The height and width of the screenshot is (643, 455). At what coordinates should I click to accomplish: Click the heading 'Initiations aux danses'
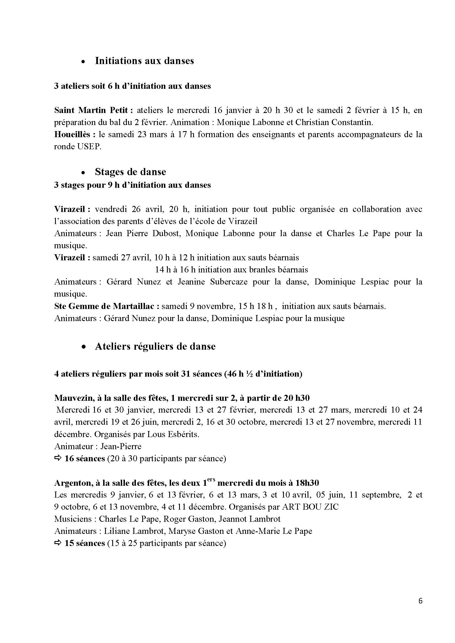click(144, 61)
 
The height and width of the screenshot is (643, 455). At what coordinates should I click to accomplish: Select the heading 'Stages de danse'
click(130, 172)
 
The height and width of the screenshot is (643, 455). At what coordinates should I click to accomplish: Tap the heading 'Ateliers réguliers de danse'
click(155, 346)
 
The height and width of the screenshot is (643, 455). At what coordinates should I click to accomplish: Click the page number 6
click(420, 601)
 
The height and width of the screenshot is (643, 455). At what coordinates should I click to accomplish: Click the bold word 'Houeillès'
click(72, 135)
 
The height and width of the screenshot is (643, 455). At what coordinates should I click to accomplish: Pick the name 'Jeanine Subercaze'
click(213, 282)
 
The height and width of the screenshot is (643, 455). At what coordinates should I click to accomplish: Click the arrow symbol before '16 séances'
click(58, 459)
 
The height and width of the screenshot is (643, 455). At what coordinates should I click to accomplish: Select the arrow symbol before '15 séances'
click(58, 543)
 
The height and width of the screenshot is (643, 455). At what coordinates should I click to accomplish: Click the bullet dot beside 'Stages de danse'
click(83, 173)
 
